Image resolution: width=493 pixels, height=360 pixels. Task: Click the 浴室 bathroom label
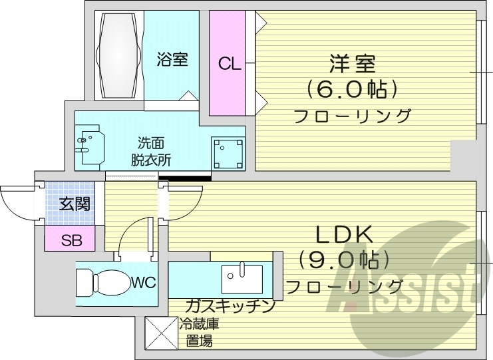(172, 61)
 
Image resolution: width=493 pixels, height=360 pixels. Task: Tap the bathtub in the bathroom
(120, 55)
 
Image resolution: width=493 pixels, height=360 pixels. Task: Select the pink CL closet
(228, 64)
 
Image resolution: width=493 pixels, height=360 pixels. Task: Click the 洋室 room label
(352, 64)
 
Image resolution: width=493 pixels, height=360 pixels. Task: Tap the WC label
(142, 283)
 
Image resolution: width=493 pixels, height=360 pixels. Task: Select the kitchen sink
(242, 278)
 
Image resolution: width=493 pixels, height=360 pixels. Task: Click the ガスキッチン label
(230, 306)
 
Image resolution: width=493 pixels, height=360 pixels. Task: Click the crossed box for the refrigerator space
(160, 332)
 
